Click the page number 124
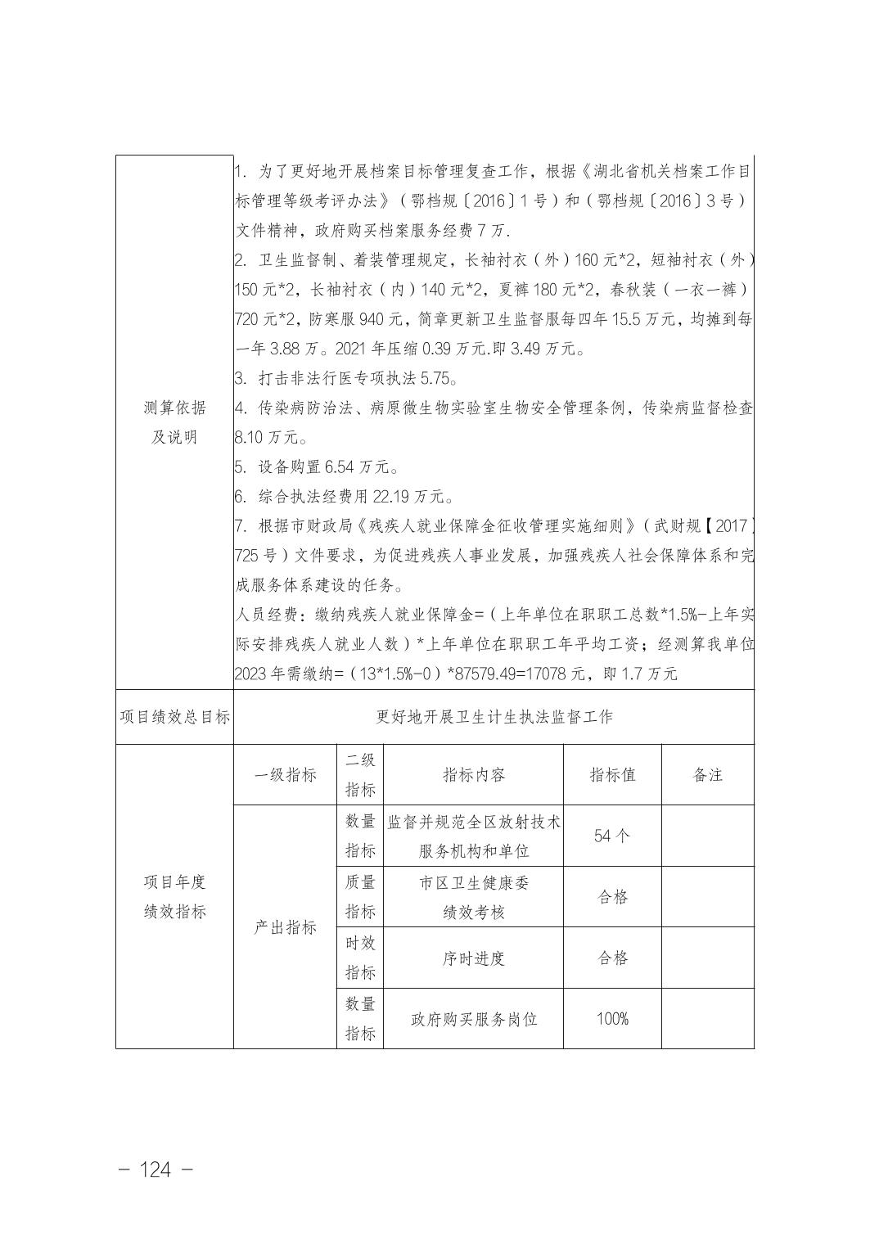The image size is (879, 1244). [x=156, y=1170]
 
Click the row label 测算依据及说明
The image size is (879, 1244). [x=174, y=422]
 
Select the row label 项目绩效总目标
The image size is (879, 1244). [x=174, y=717]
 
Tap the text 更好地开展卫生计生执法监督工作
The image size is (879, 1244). [x=494, y=717]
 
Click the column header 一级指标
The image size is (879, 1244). [x=285, y=775]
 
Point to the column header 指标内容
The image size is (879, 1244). [x=473, y=775]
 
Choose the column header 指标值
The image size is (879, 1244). [x=612, y=775]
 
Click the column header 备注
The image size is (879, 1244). [x=707, y=775]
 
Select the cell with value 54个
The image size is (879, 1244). [x=612, y=836]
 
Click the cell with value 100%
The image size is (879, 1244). [x=612, y=1019]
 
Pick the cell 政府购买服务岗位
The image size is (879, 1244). [x=473, y=1019]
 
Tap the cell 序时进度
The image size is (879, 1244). [x=473, y=958]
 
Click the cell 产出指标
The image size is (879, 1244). [x=285, y=927]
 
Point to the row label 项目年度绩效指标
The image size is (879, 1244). [x=174, y=897]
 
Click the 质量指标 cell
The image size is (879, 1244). [x=359, y=897]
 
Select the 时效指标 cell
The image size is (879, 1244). [x=359, y=958]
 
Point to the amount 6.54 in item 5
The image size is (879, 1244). [x=341, y=467]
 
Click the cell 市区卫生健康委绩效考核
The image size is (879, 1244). [x=473, y=897]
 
